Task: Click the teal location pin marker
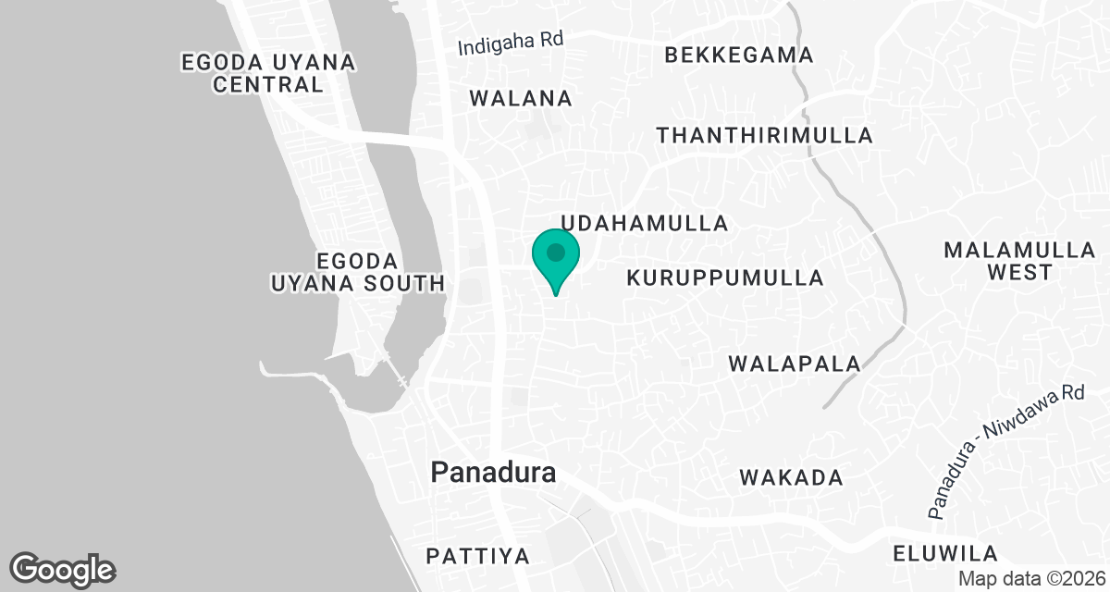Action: (x=556, y=259)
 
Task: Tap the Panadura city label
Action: (x=494, y=474)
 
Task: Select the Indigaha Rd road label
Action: (x=511, y=43)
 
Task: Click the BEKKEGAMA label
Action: (x=739, y=55)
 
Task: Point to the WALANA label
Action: (x=521, y=98)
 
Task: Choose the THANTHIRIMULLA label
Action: (x=764, y=135)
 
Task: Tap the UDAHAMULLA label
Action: (x=646, y=223)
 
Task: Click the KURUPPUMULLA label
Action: (x=724, y=277)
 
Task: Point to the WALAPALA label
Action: (x=795, y=364)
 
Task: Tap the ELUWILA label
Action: (x=945, y=554)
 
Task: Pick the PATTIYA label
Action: (x=477, y=557)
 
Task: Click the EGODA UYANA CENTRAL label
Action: (x=268, y=73)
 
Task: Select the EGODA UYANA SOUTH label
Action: (x=357, y=272)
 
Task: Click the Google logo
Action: (x=63, y=569)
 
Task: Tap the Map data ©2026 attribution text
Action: (x=1031, y=578)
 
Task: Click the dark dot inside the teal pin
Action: (x=556, y=252)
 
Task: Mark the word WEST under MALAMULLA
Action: (x=1018, y=273)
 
